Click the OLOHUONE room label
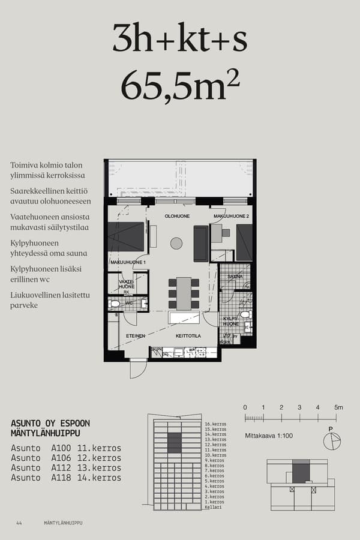coord(177,216)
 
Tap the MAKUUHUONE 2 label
coord(230,216)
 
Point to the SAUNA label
coord(235,277)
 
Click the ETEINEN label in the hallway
coord(135,336)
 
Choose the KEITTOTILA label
coord(188,336)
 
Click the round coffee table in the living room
coord(176,243)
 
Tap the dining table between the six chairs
coord(184,293)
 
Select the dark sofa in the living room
coord(200,243)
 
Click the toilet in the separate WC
coord(116,304)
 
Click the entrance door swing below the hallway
coord(137,368)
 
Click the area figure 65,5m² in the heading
coord(180,86)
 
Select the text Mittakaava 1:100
coord(268,436)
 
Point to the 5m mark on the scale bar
coord(338,407)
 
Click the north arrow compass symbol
coord(331,441)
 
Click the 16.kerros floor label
coord(215,425)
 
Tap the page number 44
coord(19,523)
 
